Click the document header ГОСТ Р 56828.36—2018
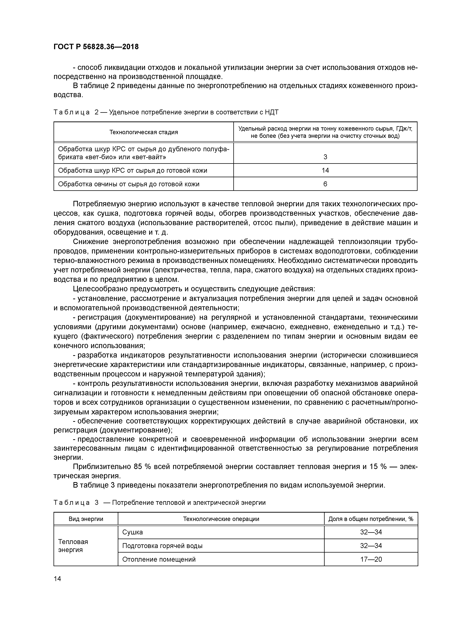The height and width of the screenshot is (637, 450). pyautogui.click(x=96, y=47)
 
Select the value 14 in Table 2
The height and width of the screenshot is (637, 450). pyautogui.click(x=325, y=170)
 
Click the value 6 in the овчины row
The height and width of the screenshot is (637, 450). pyautogui.click(x=325, y=184)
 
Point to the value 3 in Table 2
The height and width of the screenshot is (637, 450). pyautogui.click(x=325, y=157)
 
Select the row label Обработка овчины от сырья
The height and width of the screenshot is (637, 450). pyautogui.click(x=129, y=184)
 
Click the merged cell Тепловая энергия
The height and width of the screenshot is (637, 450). pyautogui.click(x=73, y=546)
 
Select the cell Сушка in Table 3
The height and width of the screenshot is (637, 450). pyautogui.click(x=132, y=532)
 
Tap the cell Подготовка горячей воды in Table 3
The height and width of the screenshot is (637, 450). pyautogui.click(x=162, y=546)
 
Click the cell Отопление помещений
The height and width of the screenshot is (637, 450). pyautogui.click(x=159, y=559)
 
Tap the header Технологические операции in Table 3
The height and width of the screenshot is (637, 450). pyautogui.click(x=221, y=519)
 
